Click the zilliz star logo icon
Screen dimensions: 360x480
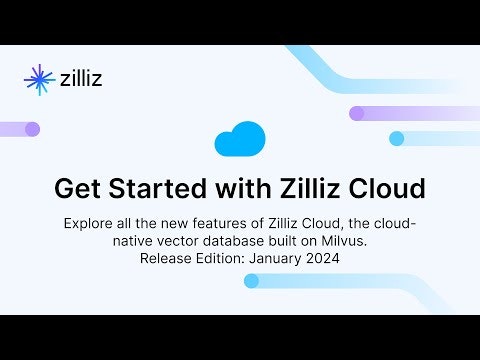(x=39, y=78)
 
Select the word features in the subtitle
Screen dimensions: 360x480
(x=239, y=221)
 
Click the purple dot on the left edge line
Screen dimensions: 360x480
(x=32, y=129)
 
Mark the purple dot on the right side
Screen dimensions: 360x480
(x=357, y=113)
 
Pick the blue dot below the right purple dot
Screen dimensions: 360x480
(x=397, y=138)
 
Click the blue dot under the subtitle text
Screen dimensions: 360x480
(x=252, y=281)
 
